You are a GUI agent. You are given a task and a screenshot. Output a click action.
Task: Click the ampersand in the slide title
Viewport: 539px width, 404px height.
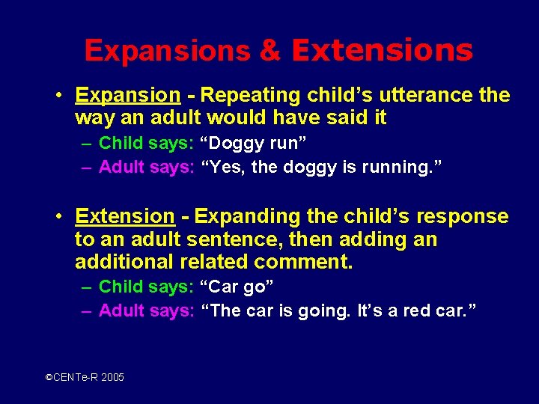[x=270, y=51]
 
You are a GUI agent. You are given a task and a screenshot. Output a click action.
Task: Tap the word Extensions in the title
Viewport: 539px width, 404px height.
[x=383, y=51]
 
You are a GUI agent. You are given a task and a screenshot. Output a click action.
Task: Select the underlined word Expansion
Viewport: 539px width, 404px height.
[x=128, y=96]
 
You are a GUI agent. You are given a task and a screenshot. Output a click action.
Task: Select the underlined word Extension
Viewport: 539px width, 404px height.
[x=125, y=217]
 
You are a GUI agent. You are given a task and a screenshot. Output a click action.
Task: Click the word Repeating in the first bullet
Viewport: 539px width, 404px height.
[x=251, y=96]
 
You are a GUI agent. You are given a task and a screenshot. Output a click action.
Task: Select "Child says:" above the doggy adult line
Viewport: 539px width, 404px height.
[x=146, y=143]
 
